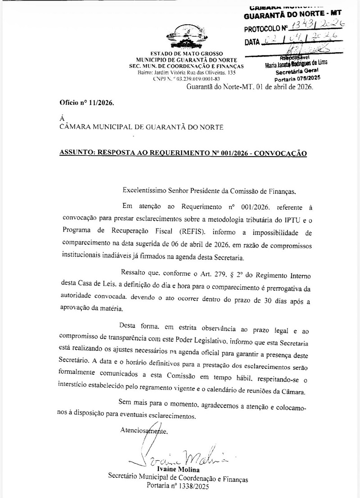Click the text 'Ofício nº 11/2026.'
point(86,103)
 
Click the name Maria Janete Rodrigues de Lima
point(297,64)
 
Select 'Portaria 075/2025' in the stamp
point(297,77)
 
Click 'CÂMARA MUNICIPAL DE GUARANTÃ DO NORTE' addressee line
point(141,127)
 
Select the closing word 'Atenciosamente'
point(144,430)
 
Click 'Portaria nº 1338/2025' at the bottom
point(178,486)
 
